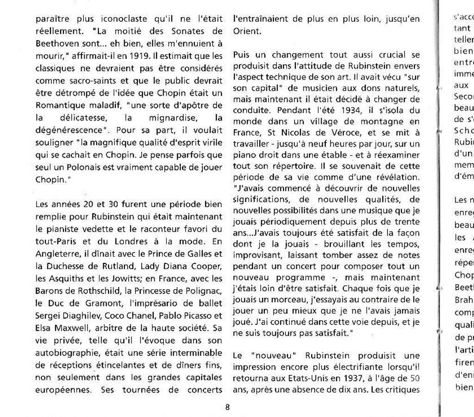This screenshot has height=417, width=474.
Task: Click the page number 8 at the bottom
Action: click(227, 407)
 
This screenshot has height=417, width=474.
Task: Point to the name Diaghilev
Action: click(82, 316)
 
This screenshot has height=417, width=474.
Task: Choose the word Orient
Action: click(247, 31)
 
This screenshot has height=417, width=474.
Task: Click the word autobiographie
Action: click(64, 353)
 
